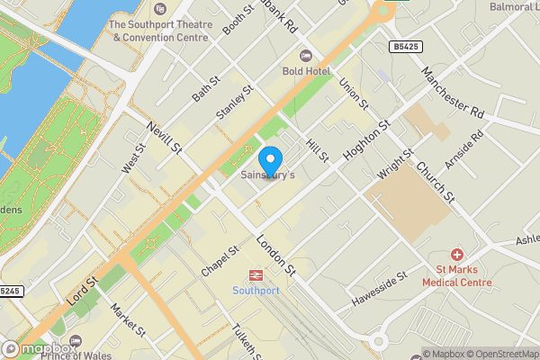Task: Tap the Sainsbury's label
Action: (266, 175)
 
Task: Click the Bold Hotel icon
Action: (305, 56)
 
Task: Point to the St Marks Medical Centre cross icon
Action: (457, 256)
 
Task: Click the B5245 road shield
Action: (10, 291)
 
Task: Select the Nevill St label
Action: (166, 138)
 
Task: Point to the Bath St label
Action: (205, 88)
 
